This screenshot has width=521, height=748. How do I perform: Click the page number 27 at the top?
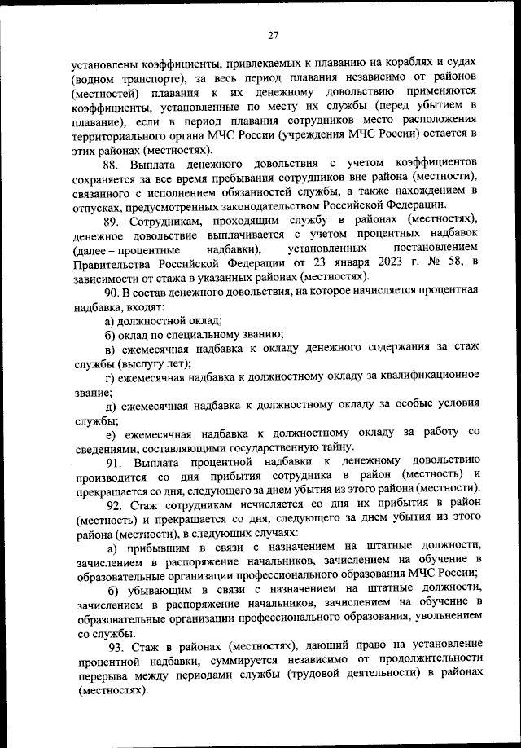pyautogui.click(x=273, y=34)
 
